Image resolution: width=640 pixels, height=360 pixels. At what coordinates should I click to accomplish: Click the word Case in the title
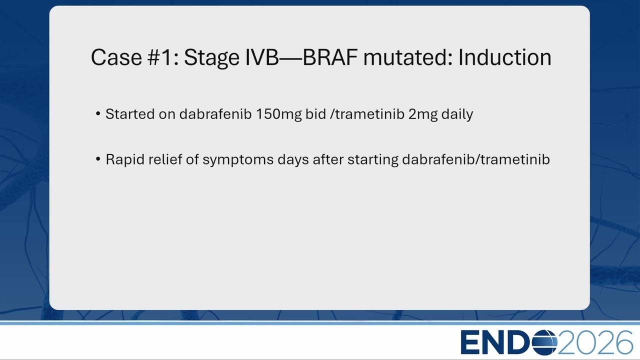116,57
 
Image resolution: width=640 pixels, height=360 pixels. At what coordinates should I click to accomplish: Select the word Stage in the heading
211,58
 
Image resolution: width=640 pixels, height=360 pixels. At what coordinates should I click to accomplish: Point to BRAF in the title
329,57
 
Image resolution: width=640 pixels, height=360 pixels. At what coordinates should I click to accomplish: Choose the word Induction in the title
505,57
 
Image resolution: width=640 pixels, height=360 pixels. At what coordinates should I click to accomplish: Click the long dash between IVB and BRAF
290,59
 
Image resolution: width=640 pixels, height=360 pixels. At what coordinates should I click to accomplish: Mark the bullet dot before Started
98,113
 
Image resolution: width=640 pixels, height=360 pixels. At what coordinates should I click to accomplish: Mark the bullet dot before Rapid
98,159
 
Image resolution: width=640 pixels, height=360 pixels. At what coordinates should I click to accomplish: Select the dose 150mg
278,114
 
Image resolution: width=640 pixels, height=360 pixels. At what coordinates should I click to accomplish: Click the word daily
457,114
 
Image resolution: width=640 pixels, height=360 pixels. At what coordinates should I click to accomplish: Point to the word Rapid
125,159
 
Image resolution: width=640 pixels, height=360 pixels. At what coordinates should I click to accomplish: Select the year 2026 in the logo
595,342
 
